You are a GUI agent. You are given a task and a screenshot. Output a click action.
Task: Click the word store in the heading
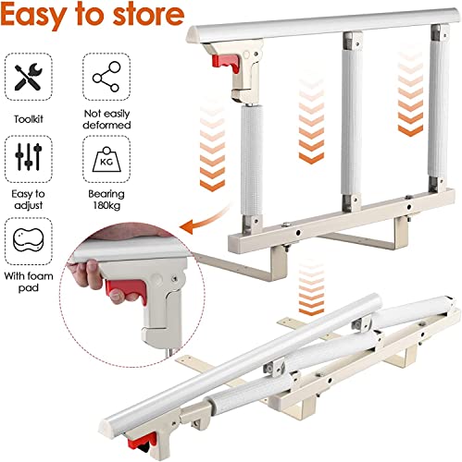(148, 14)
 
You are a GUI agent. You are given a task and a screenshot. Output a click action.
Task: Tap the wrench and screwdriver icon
(29, 77)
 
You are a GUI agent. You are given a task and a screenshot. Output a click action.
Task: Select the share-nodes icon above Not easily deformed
(106, 77)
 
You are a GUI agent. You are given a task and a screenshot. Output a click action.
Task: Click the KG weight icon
(106, 159)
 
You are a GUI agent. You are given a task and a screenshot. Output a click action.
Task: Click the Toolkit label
(29, 119)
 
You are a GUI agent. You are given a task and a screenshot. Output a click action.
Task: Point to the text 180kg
(106, 205)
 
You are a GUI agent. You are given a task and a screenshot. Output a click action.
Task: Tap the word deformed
(106, 125)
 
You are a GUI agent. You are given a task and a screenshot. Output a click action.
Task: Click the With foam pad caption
(29, 282)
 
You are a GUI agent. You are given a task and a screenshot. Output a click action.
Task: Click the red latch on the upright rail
(225, 63)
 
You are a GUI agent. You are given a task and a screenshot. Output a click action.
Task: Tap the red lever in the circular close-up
(127, 291)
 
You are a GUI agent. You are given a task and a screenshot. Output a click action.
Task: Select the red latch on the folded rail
(142, 441)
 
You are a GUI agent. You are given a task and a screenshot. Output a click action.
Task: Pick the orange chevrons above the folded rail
(311, 286)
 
